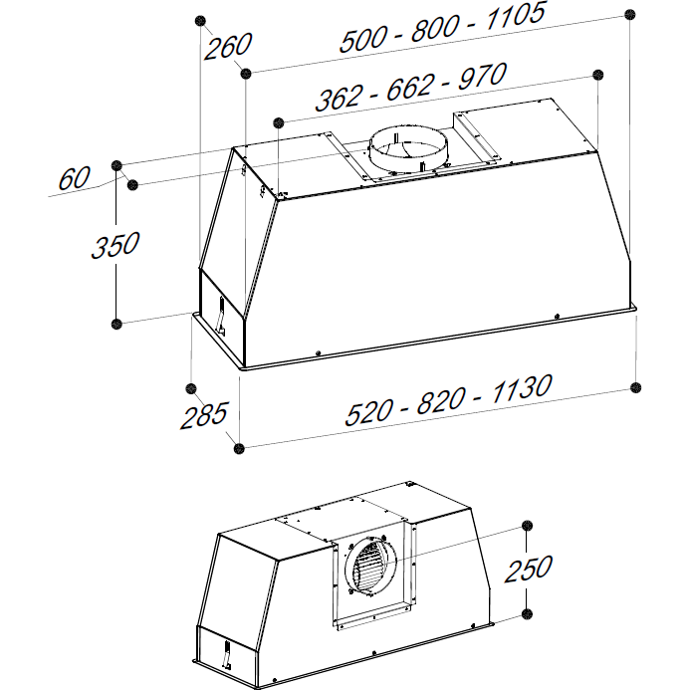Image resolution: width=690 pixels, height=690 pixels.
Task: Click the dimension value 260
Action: [227, 46]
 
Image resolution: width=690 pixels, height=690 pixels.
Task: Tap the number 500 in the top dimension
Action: [363, 39]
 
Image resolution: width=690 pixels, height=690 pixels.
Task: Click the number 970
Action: [482, 77]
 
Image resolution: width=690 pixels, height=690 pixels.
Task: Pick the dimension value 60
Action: [74, 178]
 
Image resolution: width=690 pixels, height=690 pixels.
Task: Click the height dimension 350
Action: [115, 245]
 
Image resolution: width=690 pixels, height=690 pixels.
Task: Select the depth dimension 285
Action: [204, 415]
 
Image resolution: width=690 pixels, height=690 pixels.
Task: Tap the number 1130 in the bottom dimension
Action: [521, 389]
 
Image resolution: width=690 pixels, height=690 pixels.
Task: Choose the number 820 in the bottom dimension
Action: [440, 401]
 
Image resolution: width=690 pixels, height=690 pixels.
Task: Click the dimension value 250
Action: [528, 569]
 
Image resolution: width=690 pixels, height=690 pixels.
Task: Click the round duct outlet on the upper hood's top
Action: [408, 149]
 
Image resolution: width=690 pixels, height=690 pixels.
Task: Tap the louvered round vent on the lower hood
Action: [371, 565]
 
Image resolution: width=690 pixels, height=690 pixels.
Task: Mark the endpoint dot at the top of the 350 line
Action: [116, 166]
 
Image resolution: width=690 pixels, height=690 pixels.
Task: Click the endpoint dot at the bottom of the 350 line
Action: [116, 325]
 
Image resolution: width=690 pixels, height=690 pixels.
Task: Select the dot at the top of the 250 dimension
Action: [527, 526]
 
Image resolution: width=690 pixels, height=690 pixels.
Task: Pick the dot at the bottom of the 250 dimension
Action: [527, 614]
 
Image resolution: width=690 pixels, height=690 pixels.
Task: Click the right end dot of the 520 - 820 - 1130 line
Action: [636, 387]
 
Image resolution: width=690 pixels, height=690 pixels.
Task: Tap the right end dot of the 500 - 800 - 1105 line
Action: [630, 15]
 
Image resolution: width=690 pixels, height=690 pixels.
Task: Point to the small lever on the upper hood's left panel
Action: [220, 316]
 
